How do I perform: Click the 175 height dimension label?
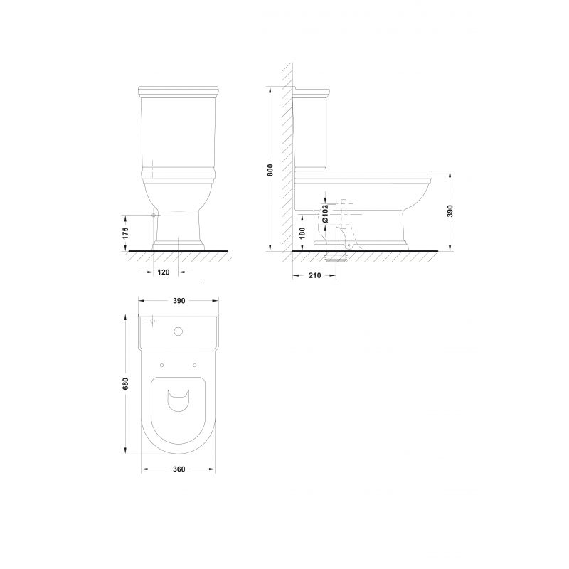click(126, 233)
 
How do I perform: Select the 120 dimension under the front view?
click(164, 272)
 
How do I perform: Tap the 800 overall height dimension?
click(270, 170)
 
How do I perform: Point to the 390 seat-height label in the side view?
click(450, 211)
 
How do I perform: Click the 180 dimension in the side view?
click(303, 233)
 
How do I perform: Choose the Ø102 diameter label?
click(325, 213)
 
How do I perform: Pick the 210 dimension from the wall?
click(314, 276)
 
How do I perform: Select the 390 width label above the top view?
click(179, 301)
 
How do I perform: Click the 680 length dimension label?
click(126, 384)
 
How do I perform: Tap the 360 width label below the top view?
click(179, 469)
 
